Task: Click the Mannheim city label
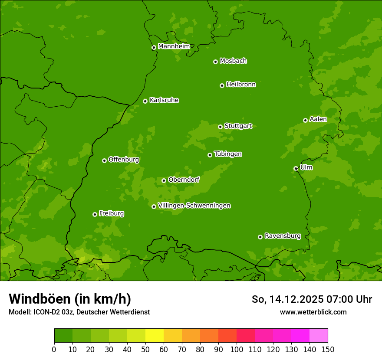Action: click(174, 46)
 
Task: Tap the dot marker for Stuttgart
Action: click(220, 127)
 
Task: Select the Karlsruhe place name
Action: click(164, 100)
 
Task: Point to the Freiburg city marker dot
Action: click(95, 214)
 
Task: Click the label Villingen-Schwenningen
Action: click(194, 206)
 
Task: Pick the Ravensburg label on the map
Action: click(282, 236)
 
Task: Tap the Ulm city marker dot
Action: click(296, 168)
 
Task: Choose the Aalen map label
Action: click(318, 119)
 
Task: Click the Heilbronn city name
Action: click(240, 85)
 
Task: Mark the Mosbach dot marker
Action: click(215, 62)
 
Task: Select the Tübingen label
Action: click(227, 154)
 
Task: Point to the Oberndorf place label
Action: click(184, 180)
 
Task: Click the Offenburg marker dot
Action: click(104, 160)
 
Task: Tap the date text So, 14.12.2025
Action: click(288, 299)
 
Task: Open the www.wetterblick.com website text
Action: click(313, 312)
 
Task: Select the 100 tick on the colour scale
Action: click(237, 349)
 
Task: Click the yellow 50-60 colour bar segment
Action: click(155, 336)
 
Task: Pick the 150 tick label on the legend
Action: click(328, 349)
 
